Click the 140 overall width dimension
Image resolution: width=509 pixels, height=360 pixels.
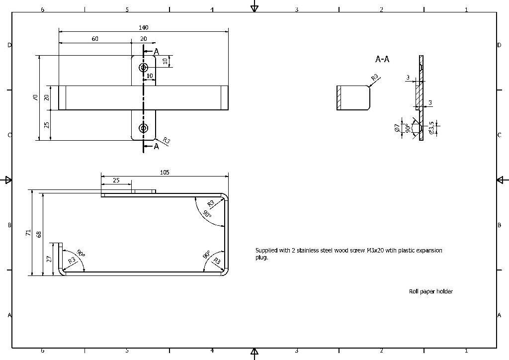click(x=144, y=28)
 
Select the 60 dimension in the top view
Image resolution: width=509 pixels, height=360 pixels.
click(x=95, y=39)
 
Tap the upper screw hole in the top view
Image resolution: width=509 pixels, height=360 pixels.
click(x=144, y=68)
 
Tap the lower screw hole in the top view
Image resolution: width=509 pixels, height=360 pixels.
click(x=144, y=128)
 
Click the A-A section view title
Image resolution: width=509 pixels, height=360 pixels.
click(x=382, y=59)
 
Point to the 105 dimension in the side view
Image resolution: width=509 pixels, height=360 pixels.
click(x=165, y=173)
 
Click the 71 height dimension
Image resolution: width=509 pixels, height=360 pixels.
click(x=29, y=232)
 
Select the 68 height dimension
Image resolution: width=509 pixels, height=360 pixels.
click(x=39, y=234)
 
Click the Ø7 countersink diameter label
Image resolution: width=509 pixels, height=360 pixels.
click(x=397, y=128)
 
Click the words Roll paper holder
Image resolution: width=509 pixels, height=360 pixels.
click(x=431, y=291)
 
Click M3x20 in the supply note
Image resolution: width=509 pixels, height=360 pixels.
click(x=375, y=251)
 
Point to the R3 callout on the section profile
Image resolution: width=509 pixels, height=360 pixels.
click(x=375, y=78)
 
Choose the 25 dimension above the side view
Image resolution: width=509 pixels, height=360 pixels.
click(x=116, y=180)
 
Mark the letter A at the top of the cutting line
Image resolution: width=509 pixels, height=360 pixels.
click(x=156, y=52)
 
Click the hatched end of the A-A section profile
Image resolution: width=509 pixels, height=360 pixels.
click(x=339, y=97)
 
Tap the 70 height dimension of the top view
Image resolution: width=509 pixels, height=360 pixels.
click(x=35, y=98)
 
